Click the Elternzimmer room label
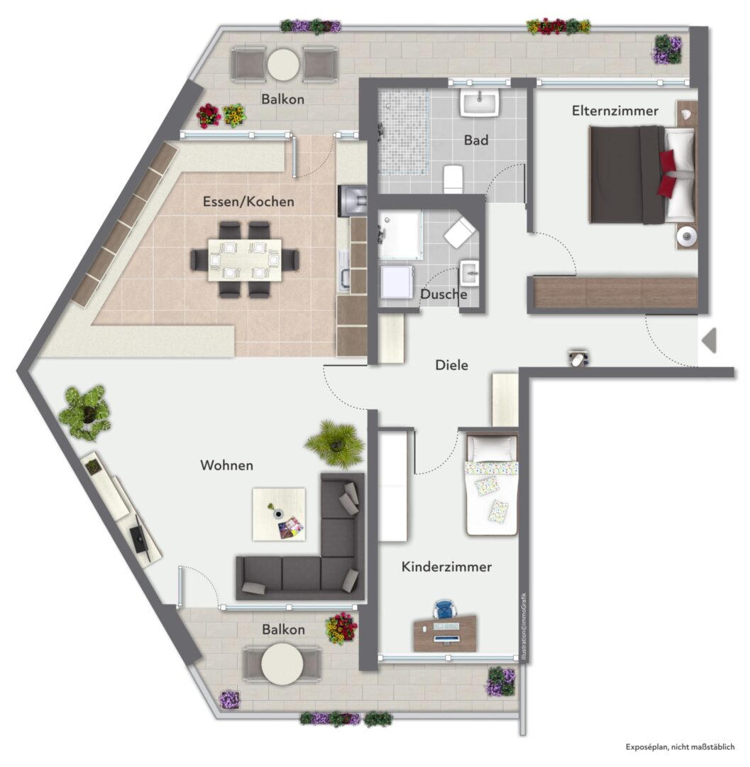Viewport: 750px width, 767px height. coord(615,111)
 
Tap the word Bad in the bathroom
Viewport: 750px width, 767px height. coord(476,141)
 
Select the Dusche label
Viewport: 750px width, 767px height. coord(443,294)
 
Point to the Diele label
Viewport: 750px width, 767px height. coord(451,365)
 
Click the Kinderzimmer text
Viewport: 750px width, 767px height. coord(446,567)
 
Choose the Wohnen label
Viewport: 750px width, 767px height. coord(227,464)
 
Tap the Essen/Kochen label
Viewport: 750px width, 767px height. coord(248,202)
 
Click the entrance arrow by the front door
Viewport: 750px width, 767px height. coord(710,340)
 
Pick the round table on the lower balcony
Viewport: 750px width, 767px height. coord(282,664)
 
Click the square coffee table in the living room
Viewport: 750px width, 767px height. coord(279,514)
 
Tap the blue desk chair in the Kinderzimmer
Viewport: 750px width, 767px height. coord(444,610)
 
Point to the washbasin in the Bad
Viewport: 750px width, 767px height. coord(480,102)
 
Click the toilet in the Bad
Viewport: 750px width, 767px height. coord(453,179)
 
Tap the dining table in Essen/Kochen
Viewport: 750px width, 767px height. coord(245,260)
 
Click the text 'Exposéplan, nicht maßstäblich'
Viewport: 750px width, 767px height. coord(680,746)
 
